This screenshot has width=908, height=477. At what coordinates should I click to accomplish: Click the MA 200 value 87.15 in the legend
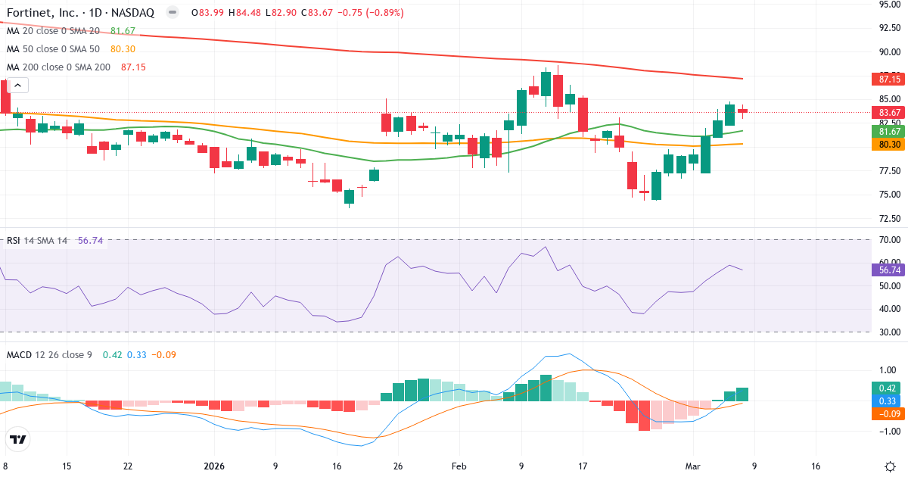click(x=133, y=67)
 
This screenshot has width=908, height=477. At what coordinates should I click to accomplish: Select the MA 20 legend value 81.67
click(x=123, y=31)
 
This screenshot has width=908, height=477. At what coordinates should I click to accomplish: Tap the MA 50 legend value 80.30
click(x=123, y=49)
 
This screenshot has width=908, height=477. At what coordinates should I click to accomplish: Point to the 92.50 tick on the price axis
click(x=887, y=28)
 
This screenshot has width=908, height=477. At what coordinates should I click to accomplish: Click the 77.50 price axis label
click(x=887, y=170)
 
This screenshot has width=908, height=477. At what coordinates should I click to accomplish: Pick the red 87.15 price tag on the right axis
click(x=888, y=79)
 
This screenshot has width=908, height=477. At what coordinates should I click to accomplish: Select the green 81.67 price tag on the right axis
click(x=888, y=131)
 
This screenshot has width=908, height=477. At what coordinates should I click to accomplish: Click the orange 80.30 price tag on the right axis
click(x=888, y=144)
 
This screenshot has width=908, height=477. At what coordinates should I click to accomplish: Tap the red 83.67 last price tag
click(x=888, y=112)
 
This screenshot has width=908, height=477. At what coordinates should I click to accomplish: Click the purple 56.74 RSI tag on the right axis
click(x=888, y=270)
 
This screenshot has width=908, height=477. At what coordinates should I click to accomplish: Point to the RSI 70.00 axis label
click(x=887, y=240)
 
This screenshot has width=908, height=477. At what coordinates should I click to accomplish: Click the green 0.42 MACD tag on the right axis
click(x=888, y=388)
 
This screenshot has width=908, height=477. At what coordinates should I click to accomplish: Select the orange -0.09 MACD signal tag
click(x=888, y=414)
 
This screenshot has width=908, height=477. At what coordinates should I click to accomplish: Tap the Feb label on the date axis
click(x=460, y=466)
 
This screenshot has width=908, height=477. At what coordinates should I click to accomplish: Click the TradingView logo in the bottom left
click(x=18, y=439)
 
